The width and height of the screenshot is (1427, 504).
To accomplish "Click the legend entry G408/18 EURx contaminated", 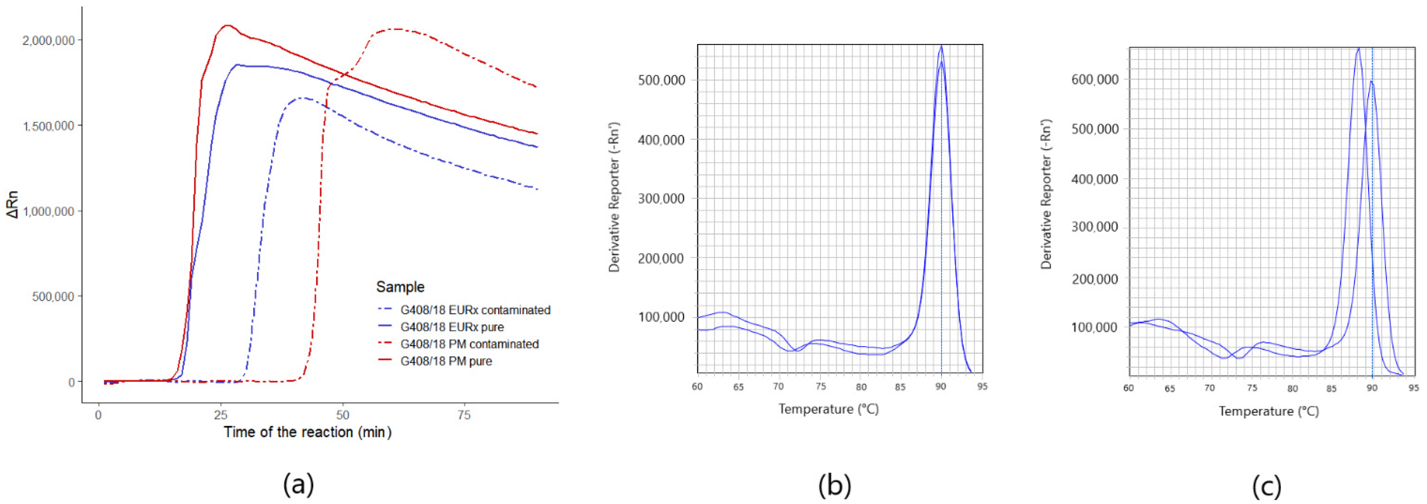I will pyautogui.click(x=475, y=310).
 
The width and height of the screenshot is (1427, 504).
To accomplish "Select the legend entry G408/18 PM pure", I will pyautogui.click(x=446, y=361).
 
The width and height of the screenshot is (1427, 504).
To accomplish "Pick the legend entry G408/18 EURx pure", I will pyautogui.click(x=452, y=327).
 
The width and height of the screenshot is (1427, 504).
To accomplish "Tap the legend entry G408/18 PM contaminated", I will pyautogui.click(x=469, y=344).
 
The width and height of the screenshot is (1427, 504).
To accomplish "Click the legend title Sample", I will pyautogui.click(x=400, y=287).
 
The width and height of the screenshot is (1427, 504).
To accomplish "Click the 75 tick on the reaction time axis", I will pyautogui.click(x=464, y=415).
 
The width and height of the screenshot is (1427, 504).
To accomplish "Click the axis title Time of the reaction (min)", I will pyautogui.click(x=307, y=432).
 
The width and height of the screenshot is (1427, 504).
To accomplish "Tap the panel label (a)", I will pyautogui.click(x=299, y=485).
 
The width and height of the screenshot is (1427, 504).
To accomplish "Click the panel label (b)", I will pyautogui.click(x=834, y=485).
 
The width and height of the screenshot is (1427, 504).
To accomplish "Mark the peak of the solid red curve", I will pyautogui.click(x=226, y=25).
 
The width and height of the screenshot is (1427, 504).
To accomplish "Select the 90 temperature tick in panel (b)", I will pyautogui.click(x=941, y=386).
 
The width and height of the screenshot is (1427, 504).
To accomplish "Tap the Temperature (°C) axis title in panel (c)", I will pyautogui.click(x=1268, y=411).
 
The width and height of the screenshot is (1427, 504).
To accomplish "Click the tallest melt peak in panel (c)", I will pyautogui.click(x=1358, y=49).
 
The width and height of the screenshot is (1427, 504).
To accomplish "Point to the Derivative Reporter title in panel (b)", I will pyautogui.click(x=614, y=197).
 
